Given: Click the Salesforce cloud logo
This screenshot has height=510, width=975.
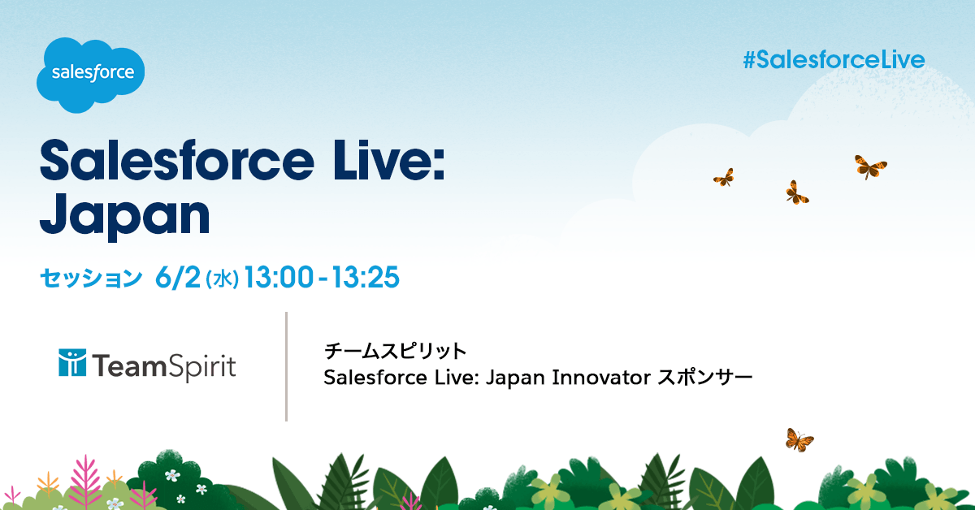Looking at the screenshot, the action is (90, 75).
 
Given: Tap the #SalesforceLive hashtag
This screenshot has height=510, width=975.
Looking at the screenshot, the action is (834, 60).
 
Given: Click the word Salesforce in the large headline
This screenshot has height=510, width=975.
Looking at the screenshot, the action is (177, 161).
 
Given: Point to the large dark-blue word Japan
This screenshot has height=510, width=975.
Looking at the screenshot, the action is (125, 216).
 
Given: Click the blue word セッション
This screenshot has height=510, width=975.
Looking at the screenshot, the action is (91, 278).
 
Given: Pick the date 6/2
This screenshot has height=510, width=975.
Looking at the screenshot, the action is (178, 277).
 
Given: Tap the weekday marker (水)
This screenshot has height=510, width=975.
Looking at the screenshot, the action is (222, 279).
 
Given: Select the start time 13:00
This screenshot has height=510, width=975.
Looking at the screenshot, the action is (279, 277).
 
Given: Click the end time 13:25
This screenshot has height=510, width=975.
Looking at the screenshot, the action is (366, 277).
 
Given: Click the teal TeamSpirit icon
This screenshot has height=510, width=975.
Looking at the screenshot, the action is (72, 362).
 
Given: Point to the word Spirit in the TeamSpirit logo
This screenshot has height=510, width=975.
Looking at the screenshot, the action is (201, 367).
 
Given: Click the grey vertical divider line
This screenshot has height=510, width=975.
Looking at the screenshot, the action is (286, 366).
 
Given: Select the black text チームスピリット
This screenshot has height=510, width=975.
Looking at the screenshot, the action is (395, 351).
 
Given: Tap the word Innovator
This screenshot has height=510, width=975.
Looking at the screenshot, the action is (601, 378).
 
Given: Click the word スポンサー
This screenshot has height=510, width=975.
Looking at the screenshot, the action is (704, 378).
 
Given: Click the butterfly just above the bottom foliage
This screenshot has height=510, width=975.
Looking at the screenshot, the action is (799, 440).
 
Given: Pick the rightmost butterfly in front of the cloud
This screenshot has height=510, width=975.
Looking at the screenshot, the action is (870, 166).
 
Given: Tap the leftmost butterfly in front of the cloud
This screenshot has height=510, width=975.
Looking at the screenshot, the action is (724, 178).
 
